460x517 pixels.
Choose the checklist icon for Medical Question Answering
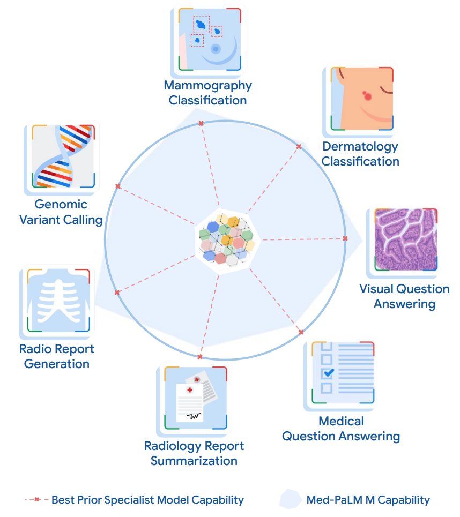(x=341, y=373)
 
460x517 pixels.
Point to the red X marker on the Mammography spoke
(x=201, y=124)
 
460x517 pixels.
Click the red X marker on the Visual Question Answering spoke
(x=345, y=238)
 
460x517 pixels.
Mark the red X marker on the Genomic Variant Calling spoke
(x=118, y=186)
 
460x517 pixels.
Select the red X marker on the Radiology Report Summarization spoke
(x=199, y=357)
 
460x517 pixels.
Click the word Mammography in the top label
(x=207, y=85)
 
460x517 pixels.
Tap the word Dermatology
(x=360, y=146)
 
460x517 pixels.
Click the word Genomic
(x=61, y=204)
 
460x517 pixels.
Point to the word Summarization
(x=194, y=460)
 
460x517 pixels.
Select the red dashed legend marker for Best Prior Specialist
(x=36, y=500)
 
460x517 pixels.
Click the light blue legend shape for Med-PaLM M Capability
(x=290, y=499)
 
